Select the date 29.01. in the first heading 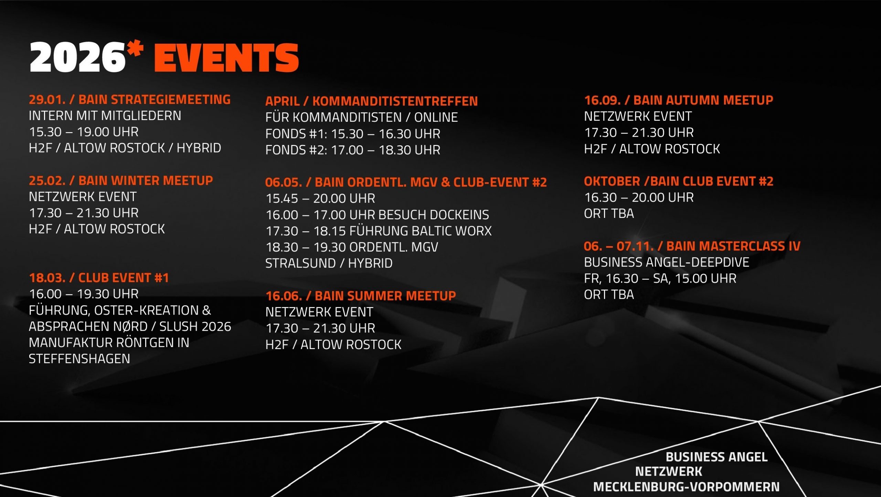coord(47,99)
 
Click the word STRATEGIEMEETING coord(171,99)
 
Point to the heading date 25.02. coord(47,181)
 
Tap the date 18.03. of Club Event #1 coord(47,278)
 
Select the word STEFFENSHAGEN coord(79,359)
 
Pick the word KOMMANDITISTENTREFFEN coord(395,101)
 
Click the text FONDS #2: coord(296,150)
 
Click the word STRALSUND coord(300,263)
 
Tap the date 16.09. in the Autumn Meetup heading coord(602,100)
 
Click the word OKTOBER coord(612,181)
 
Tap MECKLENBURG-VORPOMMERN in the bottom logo coord(687,487)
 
